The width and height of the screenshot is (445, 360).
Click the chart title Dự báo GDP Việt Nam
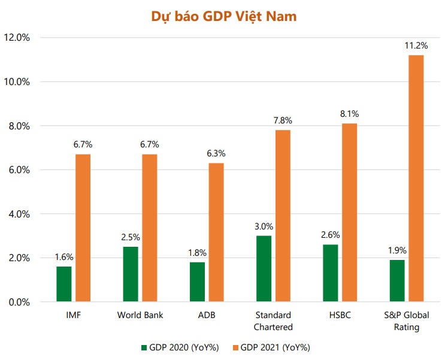click(x=222, y=17)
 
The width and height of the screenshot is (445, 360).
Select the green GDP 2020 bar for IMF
click(x=64, y=284)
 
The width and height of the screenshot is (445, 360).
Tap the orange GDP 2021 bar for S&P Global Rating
click(x=416, y=179)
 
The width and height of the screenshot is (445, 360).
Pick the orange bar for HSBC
click(x=349, y=213)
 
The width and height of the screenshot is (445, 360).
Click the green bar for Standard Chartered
click(x=264, y=269)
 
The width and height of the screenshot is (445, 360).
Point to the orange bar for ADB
click(x=216, y=232)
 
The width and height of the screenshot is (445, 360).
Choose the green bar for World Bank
click(x=131, y=274)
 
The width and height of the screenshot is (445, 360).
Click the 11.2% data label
click(x=416, y=46)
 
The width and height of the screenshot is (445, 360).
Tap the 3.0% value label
click(x=264, y=226)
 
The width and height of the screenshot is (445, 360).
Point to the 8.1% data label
click(x=349, y=114)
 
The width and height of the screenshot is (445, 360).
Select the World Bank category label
click(x=140, y=315)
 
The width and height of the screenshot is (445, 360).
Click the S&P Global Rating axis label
click(x=406, y=321)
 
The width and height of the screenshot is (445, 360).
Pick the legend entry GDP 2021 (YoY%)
click(x=276, y=347)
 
